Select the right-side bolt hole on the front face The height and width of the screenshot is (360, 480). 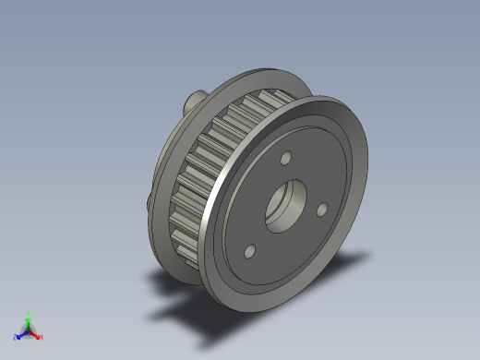[322, 210]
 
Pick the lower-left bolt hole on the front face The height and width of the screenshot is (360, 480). [250, 250]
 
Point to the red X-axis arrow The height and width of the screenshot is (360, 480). [35, 334]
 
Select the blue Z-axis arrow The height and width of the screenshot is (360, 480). [20, 335]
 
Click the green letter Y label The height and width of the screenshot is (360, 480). [28, 313]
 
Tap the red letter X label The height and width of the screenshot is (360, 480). [41, 337]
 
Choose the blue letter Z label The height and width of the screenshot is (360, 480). [15, 338]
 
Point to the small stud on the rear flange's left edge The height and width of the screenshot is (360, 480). [150, 200]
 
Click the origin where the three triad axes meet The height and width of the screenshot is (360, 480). [28, 330]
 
